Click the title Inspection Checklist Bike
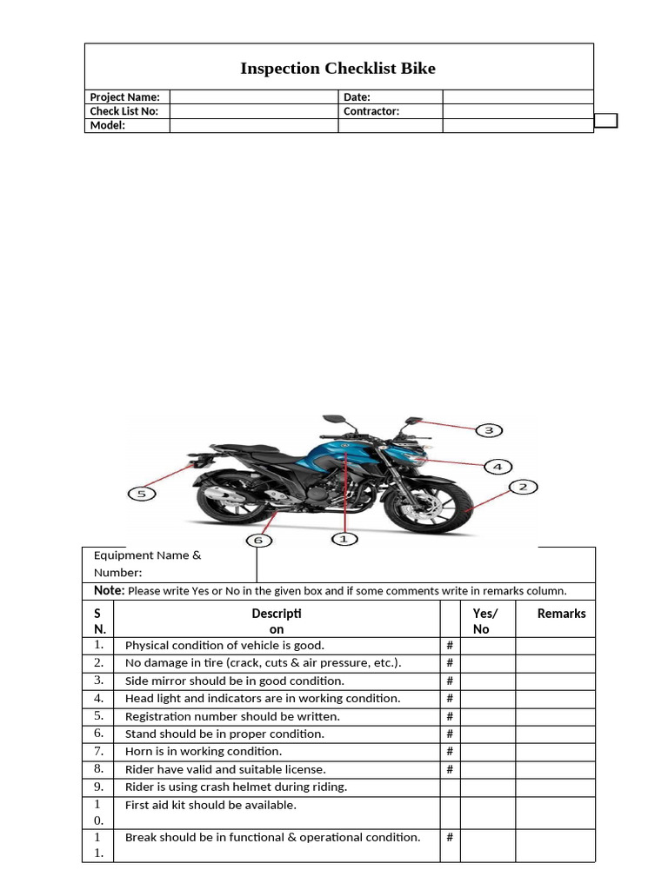(x=338, y=69)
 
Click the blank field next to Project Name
(x=253, y=97)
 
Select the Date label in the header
(x=357, y=97)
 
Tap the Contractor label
(x=371, y=111)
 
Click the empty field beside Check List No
(x=253, y=111)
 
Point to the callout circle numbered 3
(x=489, y=430)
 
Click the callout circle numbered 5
(x=142, y=494)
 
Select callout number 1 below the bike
(x=344, y=539)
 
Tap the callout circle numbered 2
(x=523, y=487)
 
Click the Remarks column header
(x=561, y=614)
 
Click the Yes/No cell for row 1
(x=487, y=646)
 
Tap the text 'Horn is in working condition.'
(x=204, y=751)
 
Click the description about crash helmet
(x=236, y=787)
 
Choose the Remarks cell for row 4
(x=555, y=698)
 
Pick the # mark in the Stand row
(x=450, y=734)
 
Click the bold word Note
(x=109, y=591)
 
